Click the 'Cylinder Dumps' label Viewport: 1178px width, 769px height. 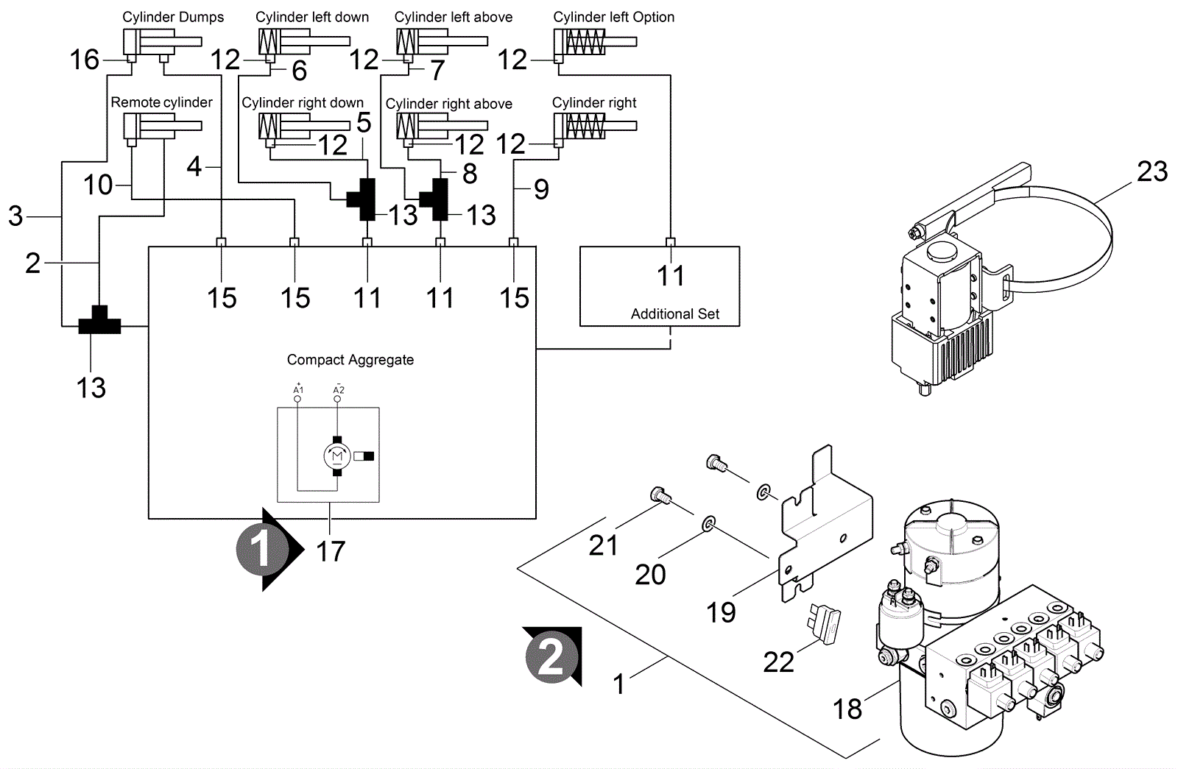pos(173,17)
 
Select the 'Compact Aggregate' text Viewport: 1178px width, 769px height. pos(350,360)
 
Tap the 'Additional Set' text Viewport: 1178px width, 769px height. pos(674,313)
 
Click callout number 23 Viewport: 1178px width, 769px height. pos(1151,171)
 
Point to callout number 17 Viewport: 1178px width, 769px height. pos(331,551)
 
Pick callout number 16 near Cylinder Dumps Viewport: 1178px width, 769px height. pos(85,60)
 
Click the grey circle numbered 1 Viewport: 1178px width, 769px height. pos(260,550)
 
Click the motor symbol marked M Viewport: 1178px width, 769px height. pos(337,456)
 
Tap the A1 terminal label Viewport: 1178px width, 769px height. pos(298,389)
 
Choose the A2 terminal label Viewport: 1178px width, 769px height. pos(338,389)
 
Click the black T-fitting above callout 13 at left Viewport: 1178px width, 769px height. pos(99,322)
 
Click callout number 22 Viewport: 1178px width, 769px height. pos(778,662)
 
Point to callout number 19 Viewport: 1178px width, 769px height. pos(721,612)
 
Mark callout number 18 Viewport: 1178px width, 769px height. pos(847,709)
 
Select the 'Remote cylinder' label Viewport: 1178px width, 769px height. pos(161,102)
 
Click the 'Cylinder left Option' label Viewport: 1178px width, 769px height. pos(613,17)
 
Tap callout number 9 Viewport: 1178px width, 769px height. pos(541,190)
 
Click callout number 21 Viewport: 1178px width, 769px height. pos(603,545)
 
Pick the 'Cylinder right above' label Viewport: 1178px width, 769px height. pos(448,104)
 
